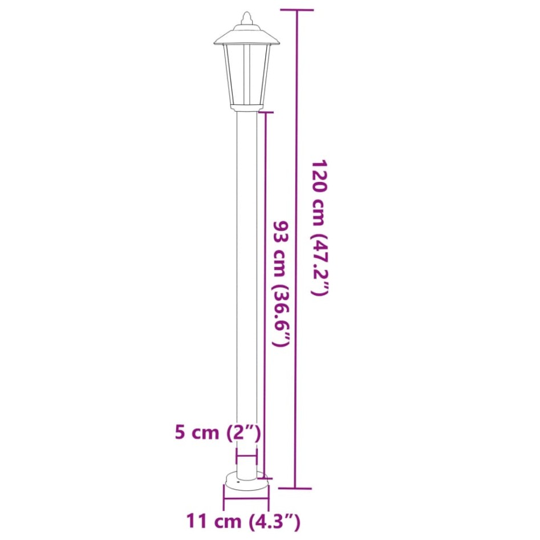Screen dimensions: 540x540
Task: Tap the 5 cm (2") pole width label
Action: click(218, 433)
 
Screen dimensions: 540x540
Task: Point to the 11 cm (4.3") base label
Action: click(243, 521)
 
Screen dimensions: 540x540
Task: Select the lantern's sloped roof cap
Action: click(246, 35)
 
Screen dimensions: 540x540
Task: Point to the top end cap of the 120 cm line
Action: click(295, 10)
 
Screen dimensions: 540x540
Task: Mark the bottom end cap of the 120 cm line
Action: click(295, 488)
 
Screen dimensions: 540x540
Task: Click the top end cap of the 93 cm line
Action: click(265, 113)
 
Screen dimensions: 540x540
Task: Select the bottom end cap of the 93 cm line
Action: click(265, 478)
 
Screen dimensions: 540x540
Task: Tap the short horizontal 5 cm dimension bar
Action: click(246, 456)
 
